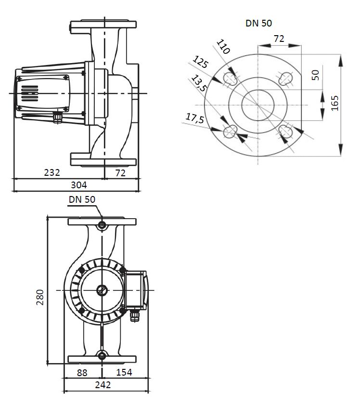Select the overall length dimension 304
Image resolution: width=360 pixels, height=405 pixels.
tap(79, 184)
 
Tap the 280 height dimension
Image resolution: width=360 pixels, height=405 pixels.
tap(40, 297)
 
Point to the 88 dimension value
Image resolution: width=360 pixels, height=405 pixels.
tap(83, 372)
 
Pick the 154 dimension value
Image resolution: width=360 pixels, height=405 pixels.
tap(124, 372)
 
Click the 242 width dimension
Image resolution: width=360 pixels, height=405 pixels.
tap(103, 385)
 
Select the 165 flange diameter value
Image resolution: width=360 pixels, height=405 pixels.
tap(335, 103)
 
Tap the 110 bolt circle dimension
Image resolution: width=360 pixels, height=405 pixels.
tap(223, 47)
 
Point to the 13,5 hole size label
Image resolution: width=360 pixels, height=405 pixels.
tap(199, 83)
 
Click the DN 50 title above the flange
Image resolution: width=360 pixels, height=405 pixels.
tap(259, 23)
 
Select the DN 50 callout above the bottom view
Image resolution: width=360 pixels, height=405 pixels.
tap(82, 199)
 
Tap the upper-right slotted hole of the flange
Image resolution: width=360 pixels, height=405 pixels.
tap(286, 78)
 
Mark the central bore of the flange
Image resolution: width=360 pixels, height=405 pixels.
tap(258, 105)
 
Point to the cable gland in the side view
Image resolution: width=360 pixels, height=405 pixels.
tap(58, 117)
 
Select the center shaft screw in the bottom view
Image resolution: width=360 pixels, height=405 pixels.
tap(102, 290)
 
